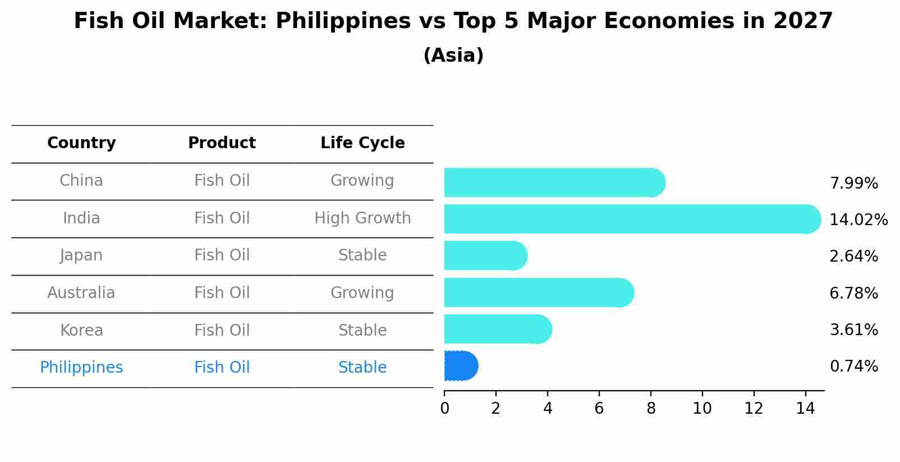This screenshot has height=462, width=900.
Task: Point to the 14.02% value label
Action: click(858, 219)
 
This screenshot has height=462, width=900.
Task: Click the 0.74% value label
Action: click(853, 367)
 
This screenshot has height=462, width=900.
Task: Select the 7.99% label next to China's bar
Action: click(853, 183)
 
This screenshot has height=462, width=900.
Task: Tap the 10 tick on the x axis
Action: click(702, 409)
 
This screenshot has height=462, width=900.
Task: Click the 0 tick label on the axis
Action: click(444, 409)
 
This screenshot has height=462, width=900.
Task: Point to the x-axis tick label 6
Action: click(599, 409)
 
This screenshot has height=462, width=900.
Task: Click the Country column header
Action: click(81, 143)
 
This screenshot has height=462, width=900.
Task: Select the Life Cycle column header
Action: click(362, 143)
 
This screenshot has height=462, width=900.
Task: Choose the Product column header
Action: click(222, 143)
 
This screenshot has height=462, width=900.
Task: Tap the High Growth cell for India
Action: click(362, 218)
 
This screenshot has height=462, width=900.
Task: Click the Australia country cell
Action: click(81, 292)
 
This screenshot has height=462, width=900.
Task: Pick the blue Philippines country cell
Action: click(81, 367)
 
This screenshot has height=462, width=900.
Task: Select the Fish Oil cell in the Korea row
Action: click(222, 330)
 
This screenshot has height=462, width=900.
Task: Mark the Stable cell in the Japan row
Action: click(362, 255)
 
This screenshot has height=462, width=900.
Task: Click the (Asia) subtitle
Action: click(453, 56)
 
